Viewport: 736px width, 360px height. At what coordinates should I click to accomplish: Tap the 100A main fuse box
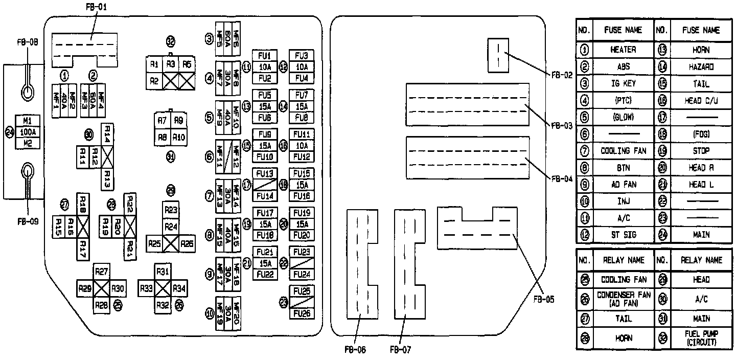29,131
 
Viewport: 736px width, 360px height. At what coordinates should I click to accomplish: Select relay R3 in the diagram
171,64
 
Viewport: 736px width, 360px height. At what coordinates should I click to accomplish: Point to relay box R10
178,137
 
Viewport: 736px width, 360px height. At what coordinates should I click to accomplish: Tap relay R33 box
147,288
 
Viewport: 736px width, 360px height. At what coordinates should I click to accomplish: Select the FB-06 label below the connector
355,350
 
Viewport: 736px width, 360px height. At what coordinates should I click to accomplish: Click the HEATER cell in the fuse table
623,50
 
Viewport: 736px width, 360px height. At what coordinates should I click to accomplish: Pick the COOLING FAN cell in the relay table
623,280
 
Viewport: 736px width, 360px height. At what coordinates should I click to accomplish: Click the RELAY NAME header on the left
623,260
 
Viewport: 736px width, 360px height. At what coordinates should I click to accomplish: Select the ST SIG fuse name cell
623,235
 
